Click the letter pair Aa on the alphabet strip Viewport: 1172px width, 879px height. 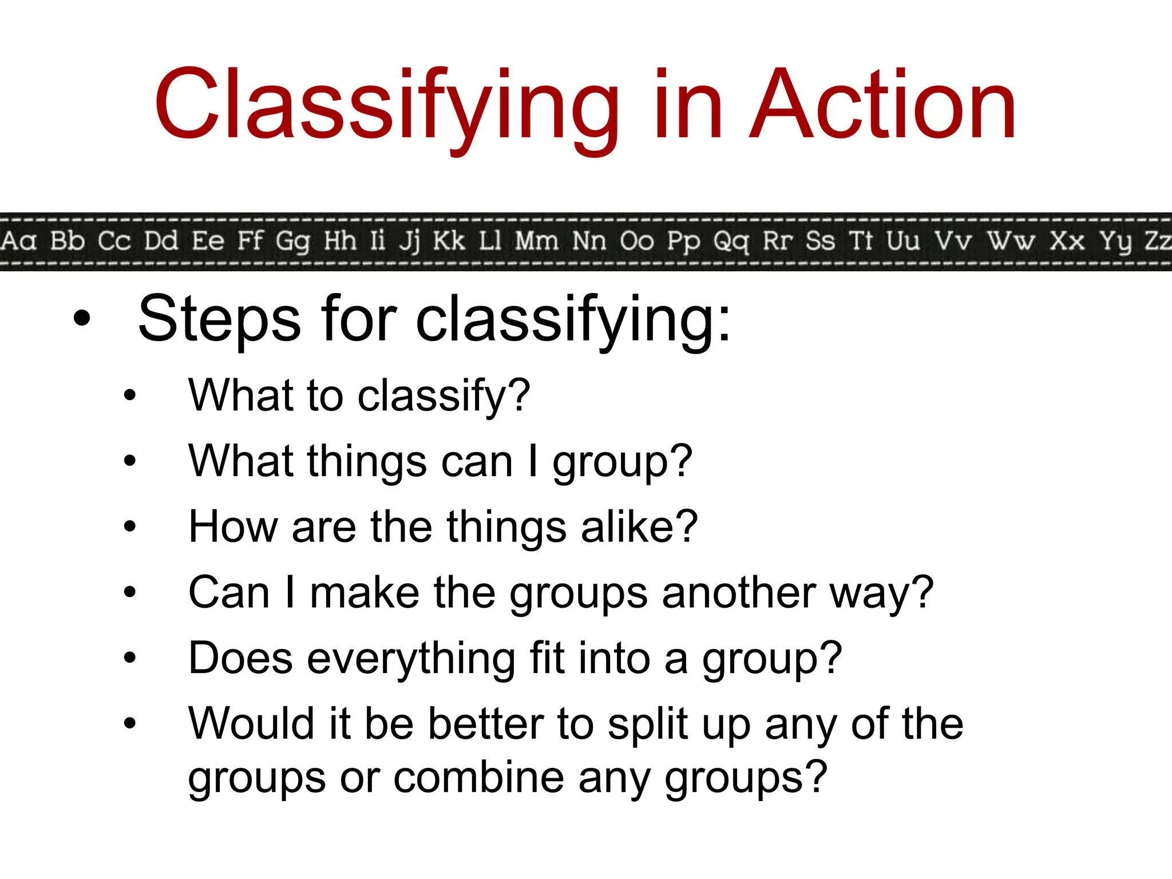(x=18, y=241)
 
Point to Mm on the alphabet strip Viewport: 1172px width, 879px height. (x=537, y=241)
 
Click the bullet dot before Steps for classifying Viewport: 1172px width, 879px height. (x=82, y=319)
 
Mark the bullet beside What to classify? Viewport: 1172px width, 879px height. (x=130, y=395)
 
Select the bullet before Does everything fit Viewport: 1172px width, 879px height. (x=130, y=658)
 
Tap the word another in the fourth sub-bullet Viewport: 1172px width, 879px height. (x=738, y=592)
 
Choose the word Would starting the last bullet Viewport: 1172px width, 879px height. (x=252, y=723)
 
